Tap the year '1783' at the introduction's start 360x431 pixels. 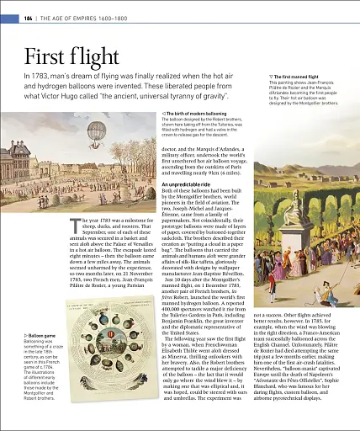click(x=45, y=77)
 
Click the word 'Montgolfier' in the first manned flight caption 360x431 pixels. click(x=304, y=103)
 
